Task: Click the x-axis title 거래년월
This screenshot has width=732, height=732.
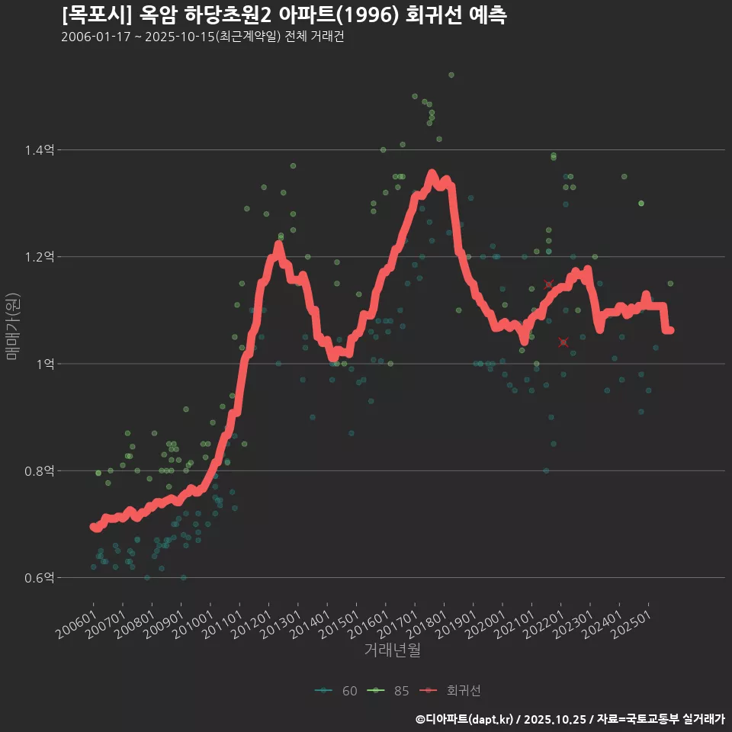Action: click(x=393, y=650)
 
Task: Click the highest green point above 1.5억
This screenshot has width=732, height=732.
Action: click(x=451, y=75)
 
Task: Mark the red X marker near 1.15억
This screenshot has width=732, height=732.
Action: click(x=548, y=284)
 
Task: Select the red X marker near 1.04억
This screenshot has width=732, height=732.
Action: click(x=563, y=342)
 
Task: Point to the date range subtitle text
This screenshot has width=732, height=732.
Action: click(x=202, y=37)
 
